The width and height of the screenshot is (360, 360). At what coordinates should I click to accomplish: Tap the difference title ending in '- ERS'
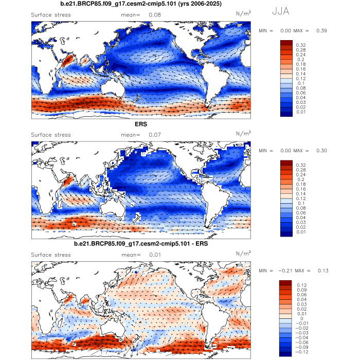140,243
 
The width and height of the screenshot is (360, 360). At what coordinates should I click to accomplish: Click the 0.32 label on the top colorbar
301,45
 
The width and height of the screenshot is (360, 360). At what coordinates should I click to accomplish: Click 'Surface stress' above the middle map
51,135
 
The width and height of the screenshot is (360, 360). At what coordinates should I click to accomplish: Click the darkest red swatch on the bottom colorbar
285,283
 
